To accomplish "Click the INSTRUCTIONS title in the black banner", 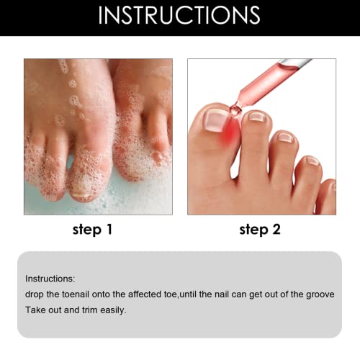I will (x=179, y=15).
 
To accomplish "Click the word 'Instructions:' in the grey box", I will (x=49, y=279).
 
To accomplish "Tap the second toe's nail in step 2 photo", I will (x=256, y=116).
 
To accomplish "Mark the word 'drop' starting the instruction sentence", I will (x=35, y=294).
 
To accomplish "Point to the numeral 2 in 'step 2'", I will (x=278, y=230).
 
